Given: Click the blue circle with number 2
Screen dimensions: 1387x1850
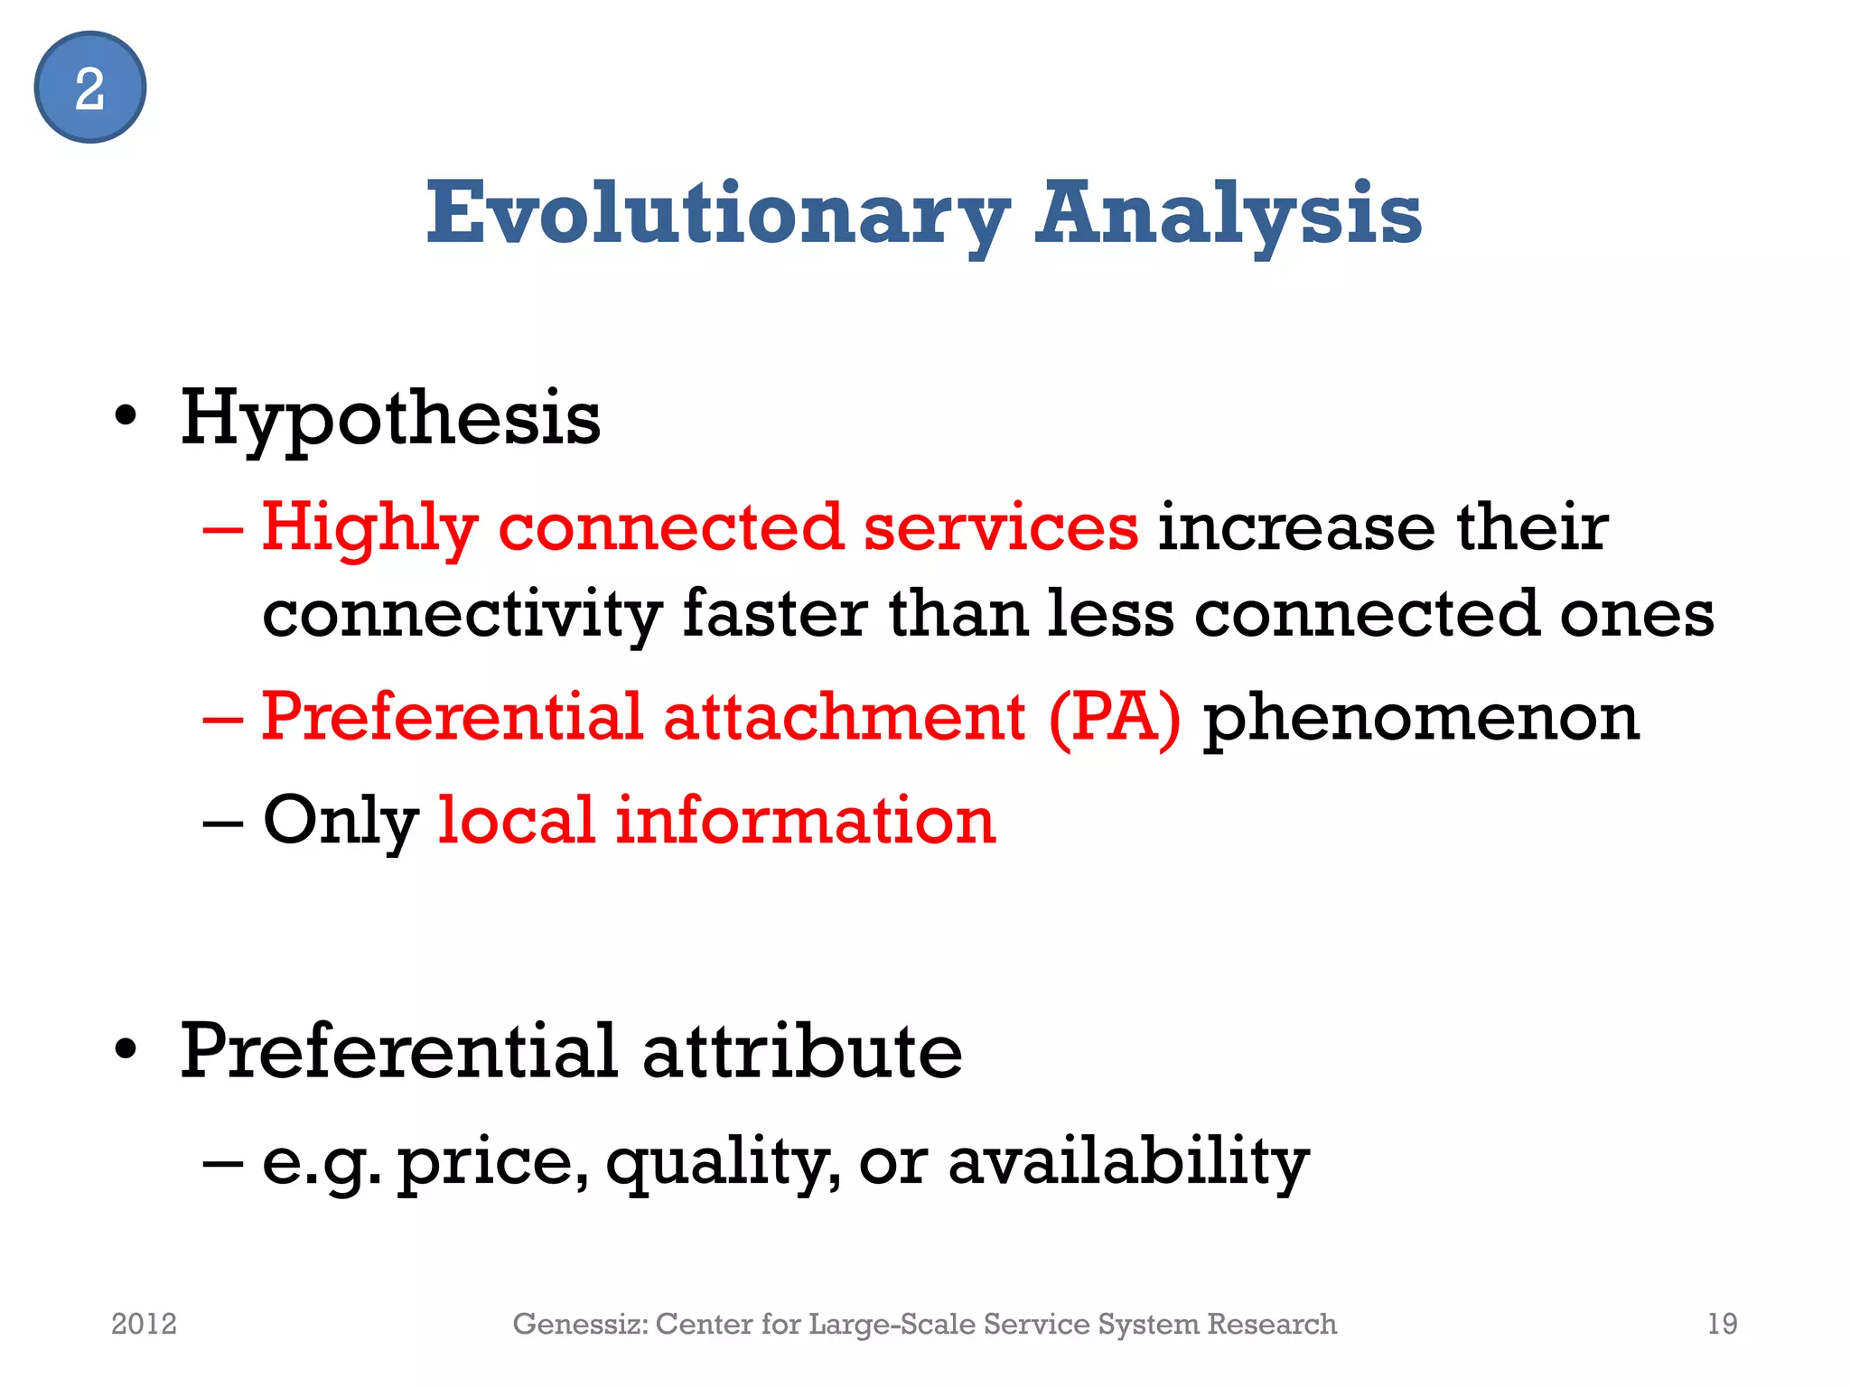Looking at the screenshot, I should click(x=89, y=88).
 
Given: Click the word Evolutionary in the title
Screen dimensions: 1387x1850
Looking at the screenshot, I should click(x=717, y=213).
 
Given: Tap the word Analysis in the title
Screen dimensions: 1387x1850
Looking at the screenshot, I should click(x=1229, y=213).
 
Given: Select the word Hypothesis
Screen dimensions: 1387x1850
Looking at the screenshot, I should click(x=390, y=419).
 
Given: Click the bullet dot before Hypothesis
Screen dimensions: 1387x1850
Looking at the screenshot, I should click(x=126, y=417).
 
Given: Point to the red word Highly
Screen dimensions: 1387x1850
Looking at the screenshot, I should click(x=369, y=527).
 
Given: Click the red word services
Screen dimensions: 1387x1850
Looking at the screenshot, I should click(x=1001, y=527).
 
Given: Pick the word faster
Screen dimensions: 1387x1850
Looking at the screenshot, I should click(x=775, y=614).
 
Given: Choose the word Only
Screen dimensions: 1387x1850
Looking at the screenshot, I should click(x=341, y=821).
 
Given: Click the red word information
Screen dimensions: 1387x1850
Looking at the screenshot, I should click(x=805, y=821).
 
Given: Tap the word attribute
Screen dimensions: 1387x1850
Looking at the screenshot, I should click(x=802, y=1051).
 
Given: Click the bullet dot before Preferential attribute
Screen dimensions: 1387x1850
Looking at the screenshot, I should click(x=126, y=1049).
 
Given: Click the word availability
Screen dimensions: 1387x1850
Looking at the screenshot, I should click(x=1128, y=1163).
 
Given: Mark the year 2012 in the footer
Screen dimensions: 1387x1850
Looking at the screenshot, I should click(x=144, y=1324).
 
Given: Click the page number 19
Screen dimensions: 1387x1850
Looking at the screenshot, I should click(x=1722, y=1324).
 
